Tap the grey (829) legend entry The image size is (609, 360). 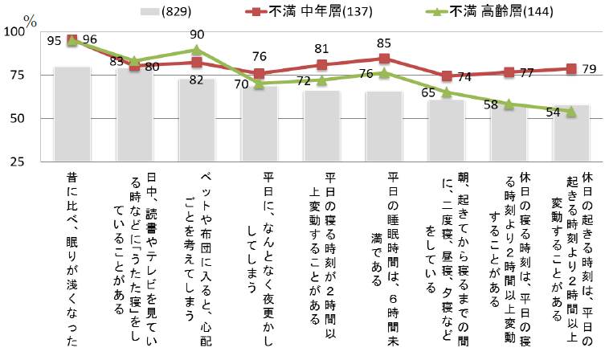tap(172, 11)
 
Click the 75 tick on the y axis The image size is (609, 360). tap(18, 76)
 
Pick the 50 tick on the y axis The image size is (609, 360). tap(18, 119)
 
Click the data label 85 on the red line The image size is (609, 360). tap(384, 43)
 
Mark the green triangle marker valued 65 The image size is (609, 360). tap(447, 92)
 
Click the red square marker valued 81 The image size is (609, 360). tap(321, 65)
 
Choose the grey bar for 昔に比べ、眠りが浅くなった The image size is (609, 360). tap(72, 112)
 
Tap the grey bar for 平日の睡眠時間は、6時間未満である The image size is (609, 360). tap(384, 125)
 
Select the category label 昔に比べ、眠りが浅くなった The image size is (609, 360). tap(72, 257)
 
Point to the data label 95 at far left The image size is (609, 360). tap(55, 39)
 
